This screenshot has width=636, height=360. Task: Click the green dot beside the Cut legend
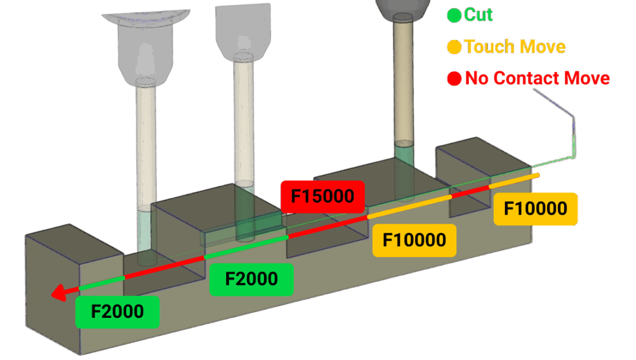pyautogui.click(x=454, y=15)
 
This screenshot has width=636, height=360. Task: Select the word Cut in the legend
pyautogui.click(x=478, y=14)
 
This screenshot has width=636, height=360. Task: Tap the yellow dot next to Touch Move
pyautogui.click(x=454, y=47)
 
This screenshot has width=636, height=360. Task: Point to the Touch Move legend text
pyautogui.click(x=515, y=47)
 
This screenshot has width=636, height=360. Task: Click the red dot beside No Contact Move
pyautogui.click(x=454, y=78)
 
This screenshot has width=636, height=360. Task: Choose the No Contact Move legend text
pyautogui.click(x=537, y=78)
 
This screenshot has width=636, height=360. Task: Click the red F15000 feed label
pyautogui.click(x=322, y=197)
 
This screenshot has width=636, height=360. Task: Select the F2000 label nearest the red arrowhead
pyautogui.click(x=117, y=312)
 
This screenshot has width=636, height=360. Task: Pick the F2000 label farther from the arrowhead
pyautogui.click(x=251, y=279)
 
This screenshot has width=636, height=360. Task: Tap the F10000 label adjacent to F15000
pyautogui.click(x=414, y=240)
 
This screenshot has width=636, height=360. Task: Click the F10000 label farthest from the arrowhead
pyautogui.click(x=535, y=209)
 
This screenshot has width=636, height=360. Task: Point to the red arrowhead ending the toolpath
pyautogui.click(x=59, y=292)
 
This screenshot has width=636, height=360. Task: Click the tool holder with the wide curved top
pyautogui.click(x=145, y=50)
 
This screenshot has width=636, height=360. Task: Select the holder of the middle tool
pyautogui.click(x=243, y=31)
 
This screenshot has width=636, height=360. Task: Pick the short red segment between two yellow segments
pyautogui.click(x=470, y=192)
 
